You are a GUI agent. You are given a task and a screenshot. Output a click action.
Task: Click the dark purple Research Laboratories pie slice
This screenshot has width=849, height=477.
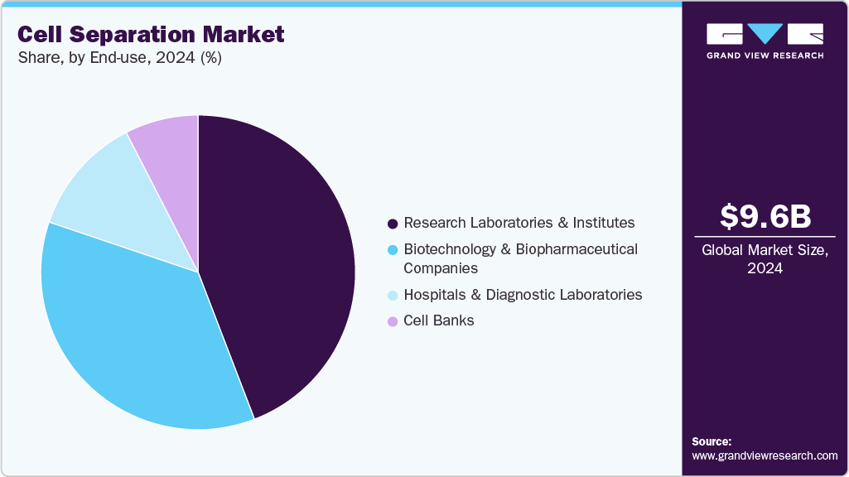tap(282, 265)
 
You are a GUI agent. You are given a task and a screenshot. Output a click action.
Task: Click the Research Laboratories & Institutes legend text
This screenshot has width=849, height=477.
tap(519, 223)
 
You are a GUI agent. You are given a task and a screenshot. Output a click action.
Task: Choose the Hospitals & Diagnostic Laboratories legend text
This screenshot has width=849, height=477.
tap(522, 295)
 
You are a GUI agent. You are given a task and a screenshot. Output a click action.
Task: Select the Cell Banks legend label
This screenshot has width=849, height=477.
tap(438, 320)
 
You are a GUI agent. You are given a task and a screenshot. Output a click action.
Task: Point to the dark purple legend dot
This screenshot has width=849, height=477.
tap(392, 224)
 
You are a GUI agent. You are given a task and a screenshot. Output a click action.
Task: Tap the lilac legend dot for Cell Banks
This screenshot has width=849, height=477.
tap(392, 321)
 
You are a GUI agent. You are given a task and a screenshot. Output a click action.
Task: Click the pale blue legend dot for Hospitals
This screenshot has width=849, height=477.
tap(392, 296)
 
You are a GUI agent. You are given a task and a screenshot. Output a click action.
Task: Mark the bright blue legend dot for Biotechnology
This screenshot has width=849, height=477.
tap(392, 250)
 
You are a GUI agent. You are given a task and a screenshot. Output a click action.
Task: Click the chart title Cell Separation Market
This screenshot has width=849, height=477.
tap(151, 34)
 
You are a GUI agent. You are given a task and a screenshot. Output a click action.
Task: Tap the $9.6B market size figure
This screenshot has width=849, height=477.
tap(765, 217)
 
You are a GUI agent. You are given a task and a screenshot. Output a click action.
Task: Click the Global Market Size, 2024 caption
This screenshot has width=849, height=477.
tap(765, 258)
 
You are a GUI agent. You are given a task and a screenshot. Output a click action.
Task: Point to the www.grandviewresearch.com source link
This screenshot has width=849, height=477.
tap(765, 455)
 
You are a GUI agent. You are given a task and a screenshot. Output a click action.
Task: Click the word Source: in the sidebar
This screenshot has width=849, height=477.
tap(712, 441)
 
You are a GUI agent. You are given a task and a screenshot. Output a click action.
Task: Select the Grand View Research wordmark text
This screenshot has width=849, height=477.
tap(765, 55)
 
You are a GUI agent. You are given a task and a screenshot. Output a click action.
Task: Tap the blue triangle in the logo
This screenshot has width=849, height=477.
tap(765, 33)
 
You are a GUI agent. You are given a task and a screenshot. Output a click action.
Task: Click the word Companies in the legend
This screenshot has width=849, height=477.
tap(440, 268)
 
